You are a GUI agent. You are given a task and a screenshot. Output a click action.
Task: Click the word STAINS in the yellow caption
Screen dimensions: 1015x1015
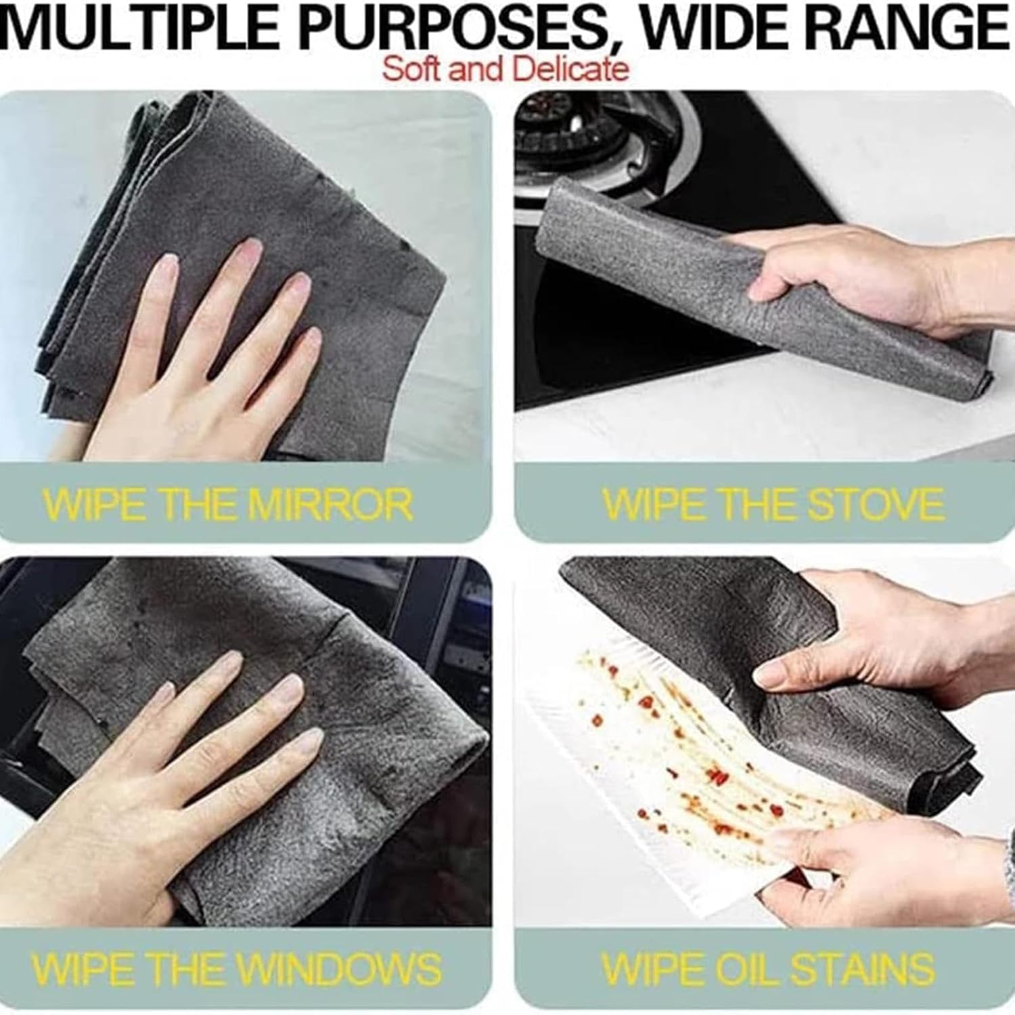pyautogui.click(x=862, y=968)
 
